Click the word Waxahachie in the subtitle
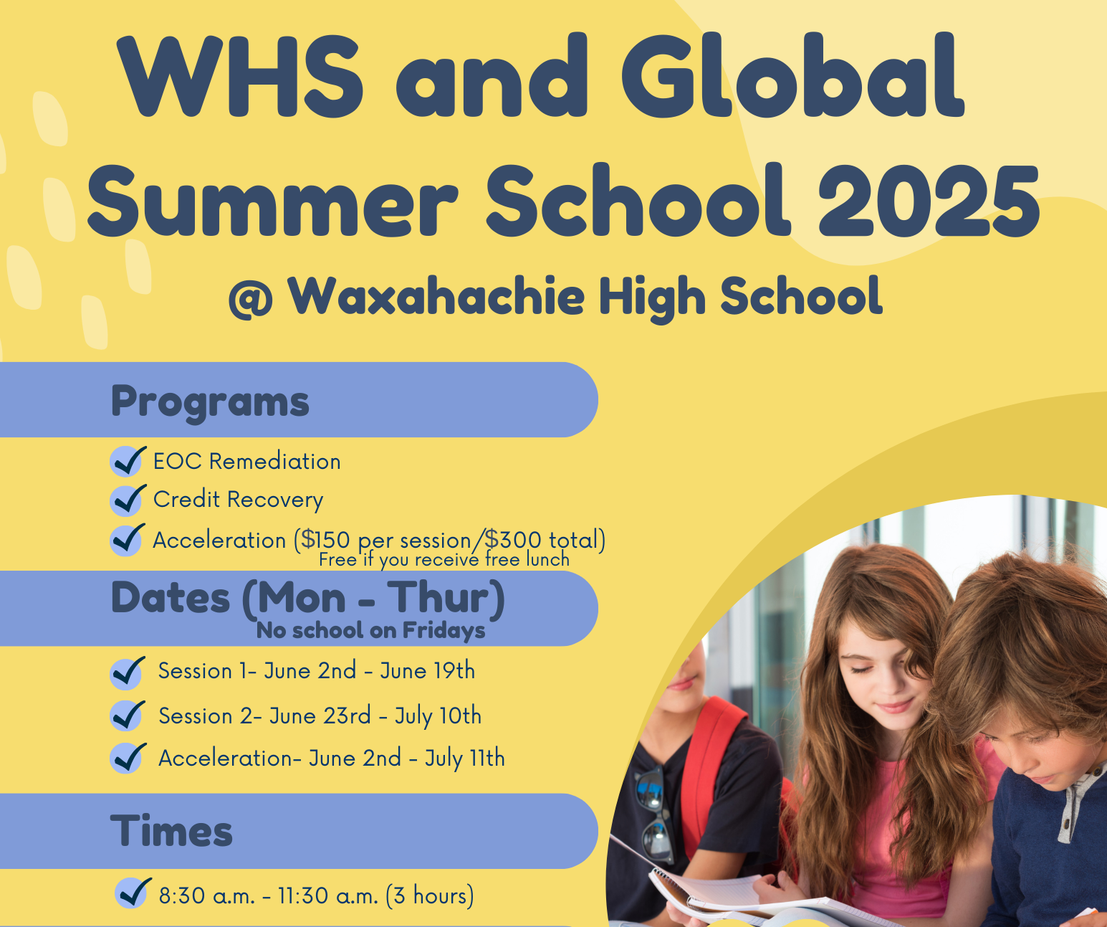coord(436,296)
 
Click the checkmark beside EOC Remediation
coord(128,460)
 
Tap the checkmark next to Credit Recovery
coord(128,499)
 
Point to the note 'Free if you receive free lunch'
coord(444,560)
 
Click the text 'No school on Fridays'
coord(370,630)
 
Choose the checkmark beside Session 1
coord(128,672)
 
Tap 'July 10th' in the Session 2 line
coord(438,716)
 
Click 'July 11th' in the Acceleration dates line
coord(464,759)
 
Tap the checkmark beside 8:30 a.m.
coord(133,893)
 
